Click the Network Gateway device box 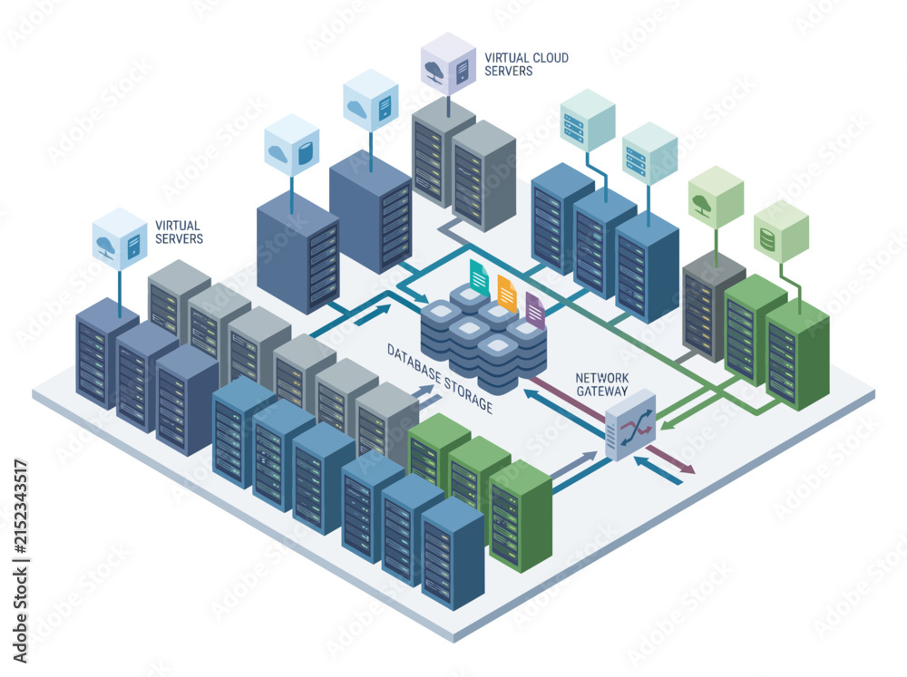pyautogui.click(x=630, y=424)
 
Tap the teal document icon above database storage pyautogui.click(x=480, y=277)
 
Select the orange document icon pyautogui.click(x=507, y=294)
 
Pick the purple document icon pyautogui.click(x=535, y=311)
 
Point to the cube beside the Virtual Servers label pyautogui.click(x=120, y=238)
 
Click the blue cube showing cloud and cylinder pyautogui.click(x=292, y=145)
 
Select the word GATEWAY pyautogui.click(x=602, y=391)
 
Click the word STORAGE pyautogui.click(x=469, y=393)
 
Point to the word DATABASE pyautogui.click(x=414, y=363)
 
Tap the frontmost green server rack pyautogui.click(x=521, y=517)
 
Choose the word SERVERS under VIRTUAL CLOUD pyautogui.click(x=509, y=71)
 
